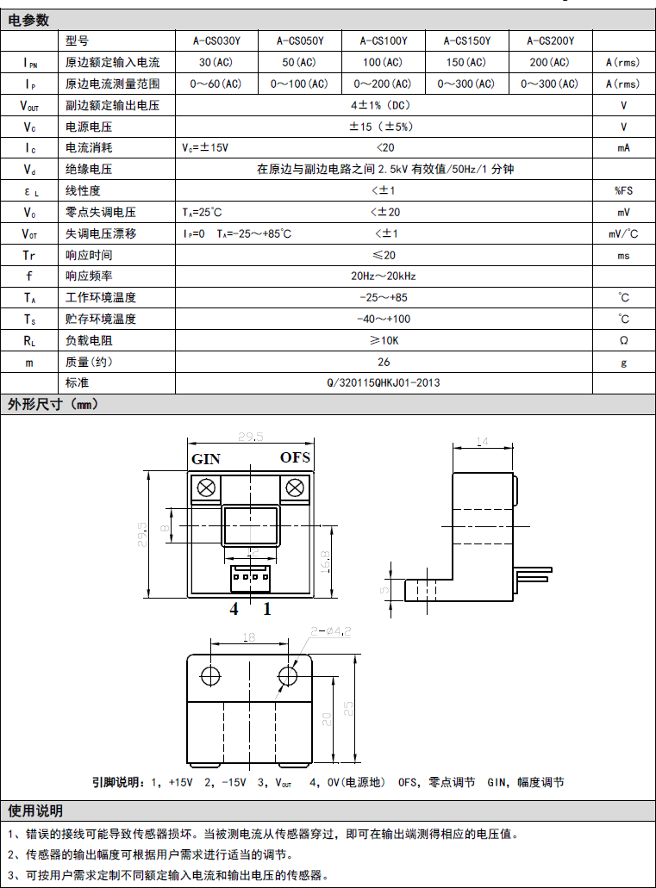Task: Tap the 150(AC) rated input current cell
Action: pos(467,63)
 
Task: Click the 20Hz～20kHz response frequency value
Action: pos(384,276)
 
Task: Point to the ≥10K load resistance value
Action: pos(384,341)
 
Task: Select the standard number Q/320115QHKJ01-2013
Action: pos(384,383)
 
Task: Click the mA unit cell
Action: pos(623,148)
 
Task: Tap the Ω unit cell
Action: pos(623,341)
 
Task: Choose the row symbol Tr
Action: pos(29,255)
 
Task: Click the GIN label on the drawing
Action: pos(205,459)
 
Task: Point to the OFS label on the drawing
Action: pos(295,457)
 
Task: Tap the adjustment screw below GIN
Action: pos(206,488)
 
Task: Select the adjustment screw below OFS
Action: pos(295,488)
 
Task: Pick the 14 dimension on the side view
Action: pos(482,441)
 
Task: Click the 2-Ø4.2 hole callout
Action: pos(331,631)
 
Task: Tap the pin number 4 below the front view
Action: pos(233,610)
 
